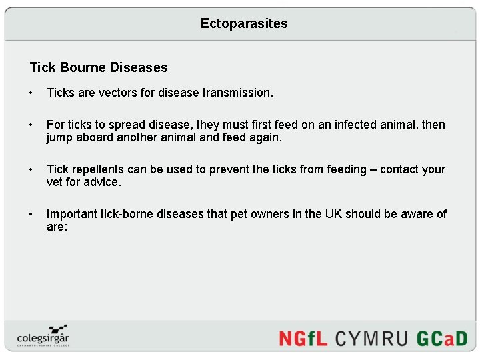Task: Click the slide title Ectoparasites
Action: [x=244, y=23]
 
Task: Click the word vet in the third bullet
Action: [x=55, y=182]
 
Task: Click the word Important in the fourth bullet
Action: [x=71, y=214]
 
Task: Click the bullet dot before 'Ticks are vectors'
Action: [x=31, y=93]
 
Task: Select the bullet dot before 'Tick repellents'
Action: [x=31, y=169]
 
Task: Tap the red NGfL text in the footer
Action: [x=303, y=337]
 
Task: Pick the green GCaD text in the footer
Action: [x=442, y=337]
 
